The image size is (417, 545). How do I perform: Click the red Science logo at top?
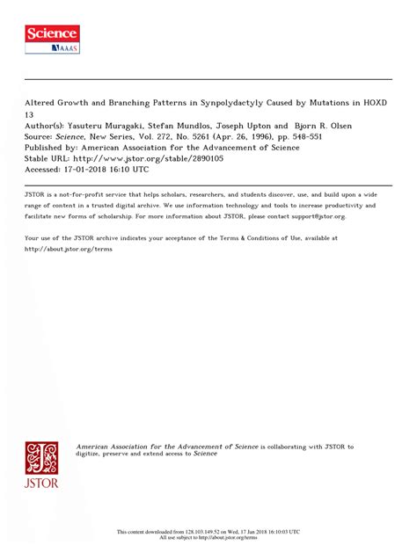click(51, 38)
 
